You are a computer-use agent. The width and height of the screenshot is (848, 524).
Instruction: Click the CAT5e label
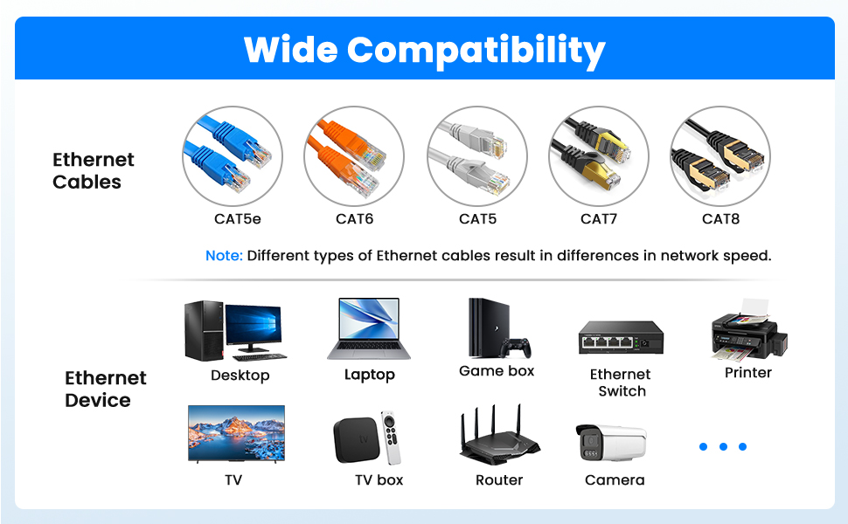[237, 219]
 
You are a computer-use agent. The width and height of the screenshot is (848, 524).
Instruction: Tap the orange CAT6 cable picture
[354, 156]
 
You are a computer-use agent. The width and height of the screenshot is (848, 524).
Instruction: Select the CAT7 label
[598, 219]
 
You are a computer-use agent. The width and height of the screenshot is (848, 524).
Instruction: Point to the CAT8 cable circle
[719, 156]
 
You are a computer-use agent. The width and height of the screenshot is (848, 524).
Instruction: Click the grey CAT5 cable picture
[476, 156]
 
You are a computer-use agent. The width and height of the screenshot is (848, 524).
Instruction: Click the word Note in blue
[224, 256]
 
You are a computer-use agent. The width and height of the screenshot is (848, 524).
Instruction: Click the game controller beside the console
[517, 347]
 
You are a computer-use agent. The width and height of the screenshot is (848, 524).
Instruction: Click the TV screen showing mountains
[236, 432]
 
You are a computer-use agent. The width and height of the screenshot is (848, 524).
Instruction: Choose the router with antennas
[499, 437]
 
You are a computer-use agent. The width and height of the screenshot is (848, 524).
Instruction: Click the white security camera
[611, 442]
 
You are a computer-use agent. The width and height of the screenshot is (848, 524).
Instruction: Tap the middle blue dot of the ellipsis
[723, 447]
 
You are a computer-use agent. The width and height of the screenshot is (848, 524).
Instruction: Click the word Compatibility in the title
[476, 51]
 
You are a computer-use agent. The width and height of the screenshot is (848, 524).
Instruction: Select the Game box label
[497, 371]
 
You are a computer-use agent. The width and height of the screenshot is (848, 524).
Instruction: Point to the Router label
[499, 480]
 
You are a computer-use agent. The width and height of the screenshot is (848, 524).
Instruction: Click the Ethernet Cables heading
[93, 171]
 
